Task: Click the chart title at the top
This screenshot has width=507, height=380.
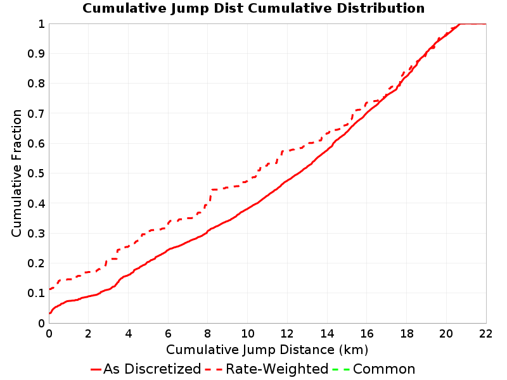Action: pyautogui.click(x=253, y=8)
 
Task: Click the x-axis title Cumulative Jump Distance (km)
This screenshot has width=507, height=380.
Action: pyautogui.click(x=267, y=350)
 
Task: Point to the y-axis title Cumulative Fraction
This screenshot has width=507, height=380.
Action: pyautogui.click(x=16, y=173)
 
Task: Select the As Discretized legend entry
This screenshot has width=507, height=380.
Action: pyautogui.click(x=146, y=369)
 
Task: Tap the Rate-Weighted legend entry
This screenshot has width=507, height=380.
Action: pyautogui.click(x=267, y=369)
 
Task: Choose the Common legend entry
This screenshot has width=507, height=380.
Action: pyautogui.click(x=374, y=369)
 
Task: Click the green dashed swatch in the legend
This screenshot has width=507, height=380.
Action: pyautogui.click(x=341, y=369)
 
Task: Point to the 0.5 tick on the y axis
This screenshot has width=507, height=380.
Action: pyautogui.click(x=36, y=174)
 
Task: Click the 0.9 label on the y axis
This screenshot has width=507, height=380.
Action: pyautogui.click(x=36, y=54)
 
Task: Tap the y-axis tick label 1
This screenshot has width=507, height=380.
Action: pyautogui.click(x=41, y=24)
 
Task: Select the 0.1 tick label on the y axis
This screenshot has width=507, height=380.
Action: pyautogui.click(x=36, y=293)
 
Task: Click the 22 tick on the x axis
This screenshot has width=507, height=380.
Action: pyautogui.click(x=485, y=334)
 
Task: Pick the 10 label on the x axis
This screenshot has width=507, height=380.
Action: pyautogui.click(x=247, y=334)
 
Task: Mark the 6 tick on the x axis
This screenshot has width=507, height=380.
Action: pyautogui.click(x=168, y=334)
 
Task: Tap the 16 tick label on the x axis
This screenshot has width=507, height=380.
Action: pyautogui.click(x=367, y=334)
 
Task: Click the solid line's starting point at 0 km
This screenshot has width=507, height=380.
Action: pyautogui.click(x=49, y=313)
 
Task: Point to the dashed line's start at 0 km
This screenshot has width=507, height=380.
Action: pyautogui.click(x=49, y=289)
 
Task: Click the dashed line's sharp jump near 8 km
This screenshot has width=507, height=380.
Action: pyautogui.click(x=210, y=196)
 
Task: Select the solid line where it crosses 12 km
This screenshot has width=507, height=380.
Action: pyautogui.click(x=287, y=180)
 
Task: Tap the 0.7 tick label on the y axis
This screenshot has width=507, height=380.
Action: pyautogui.click(x=36, y=114)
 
